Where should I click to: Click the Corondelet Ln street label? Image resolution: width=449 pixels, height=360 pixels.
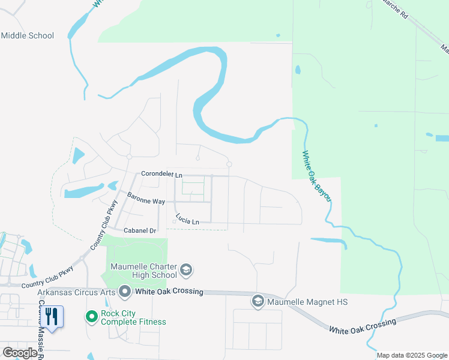(161, 174)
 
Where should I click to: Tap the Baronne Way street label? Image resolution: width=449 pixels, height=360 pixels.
(146, 197)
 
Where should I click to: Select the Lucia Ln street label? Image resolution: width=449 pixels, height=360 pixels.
(187, 220)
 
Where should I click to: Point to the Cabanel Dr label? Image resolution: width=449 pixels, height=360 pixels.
(139, 230)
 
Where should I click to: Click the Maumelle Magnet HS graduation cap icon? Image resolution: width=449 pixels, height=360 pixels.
(258, 301)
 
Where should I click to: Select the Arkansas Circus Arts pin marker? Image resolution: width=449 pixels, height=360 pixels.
(125, 292)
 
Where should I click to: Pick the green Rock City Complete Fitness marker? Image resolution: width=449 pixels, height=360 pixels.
(91, 316)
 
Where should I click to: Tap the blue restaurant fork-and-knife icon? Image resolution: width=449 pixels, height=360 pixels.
(52, 317)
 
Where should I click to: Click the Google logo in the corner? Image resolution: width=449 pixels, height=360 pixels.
(20, 353)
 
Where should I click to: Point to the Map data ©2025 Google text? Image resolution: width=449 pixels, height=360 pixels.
(411, 355)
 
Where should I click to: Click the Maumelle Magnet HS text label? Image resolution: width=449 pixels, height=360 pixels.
(307, 302)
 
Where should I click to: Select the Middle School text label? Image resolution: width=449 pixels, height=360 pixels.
(28, 35)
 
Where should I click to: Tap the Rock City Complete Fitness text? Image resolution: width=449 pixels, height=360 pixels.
(133, 317)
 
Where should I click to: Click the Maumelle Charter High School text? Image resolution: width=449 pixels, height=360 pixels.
(143, 271)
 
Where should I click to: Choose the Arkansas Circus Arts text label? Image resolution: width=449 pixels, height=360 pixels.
(77, 292)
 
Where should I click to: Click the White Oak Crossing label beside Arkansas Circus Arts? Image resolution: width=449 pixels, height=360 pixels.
(169, 292)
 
